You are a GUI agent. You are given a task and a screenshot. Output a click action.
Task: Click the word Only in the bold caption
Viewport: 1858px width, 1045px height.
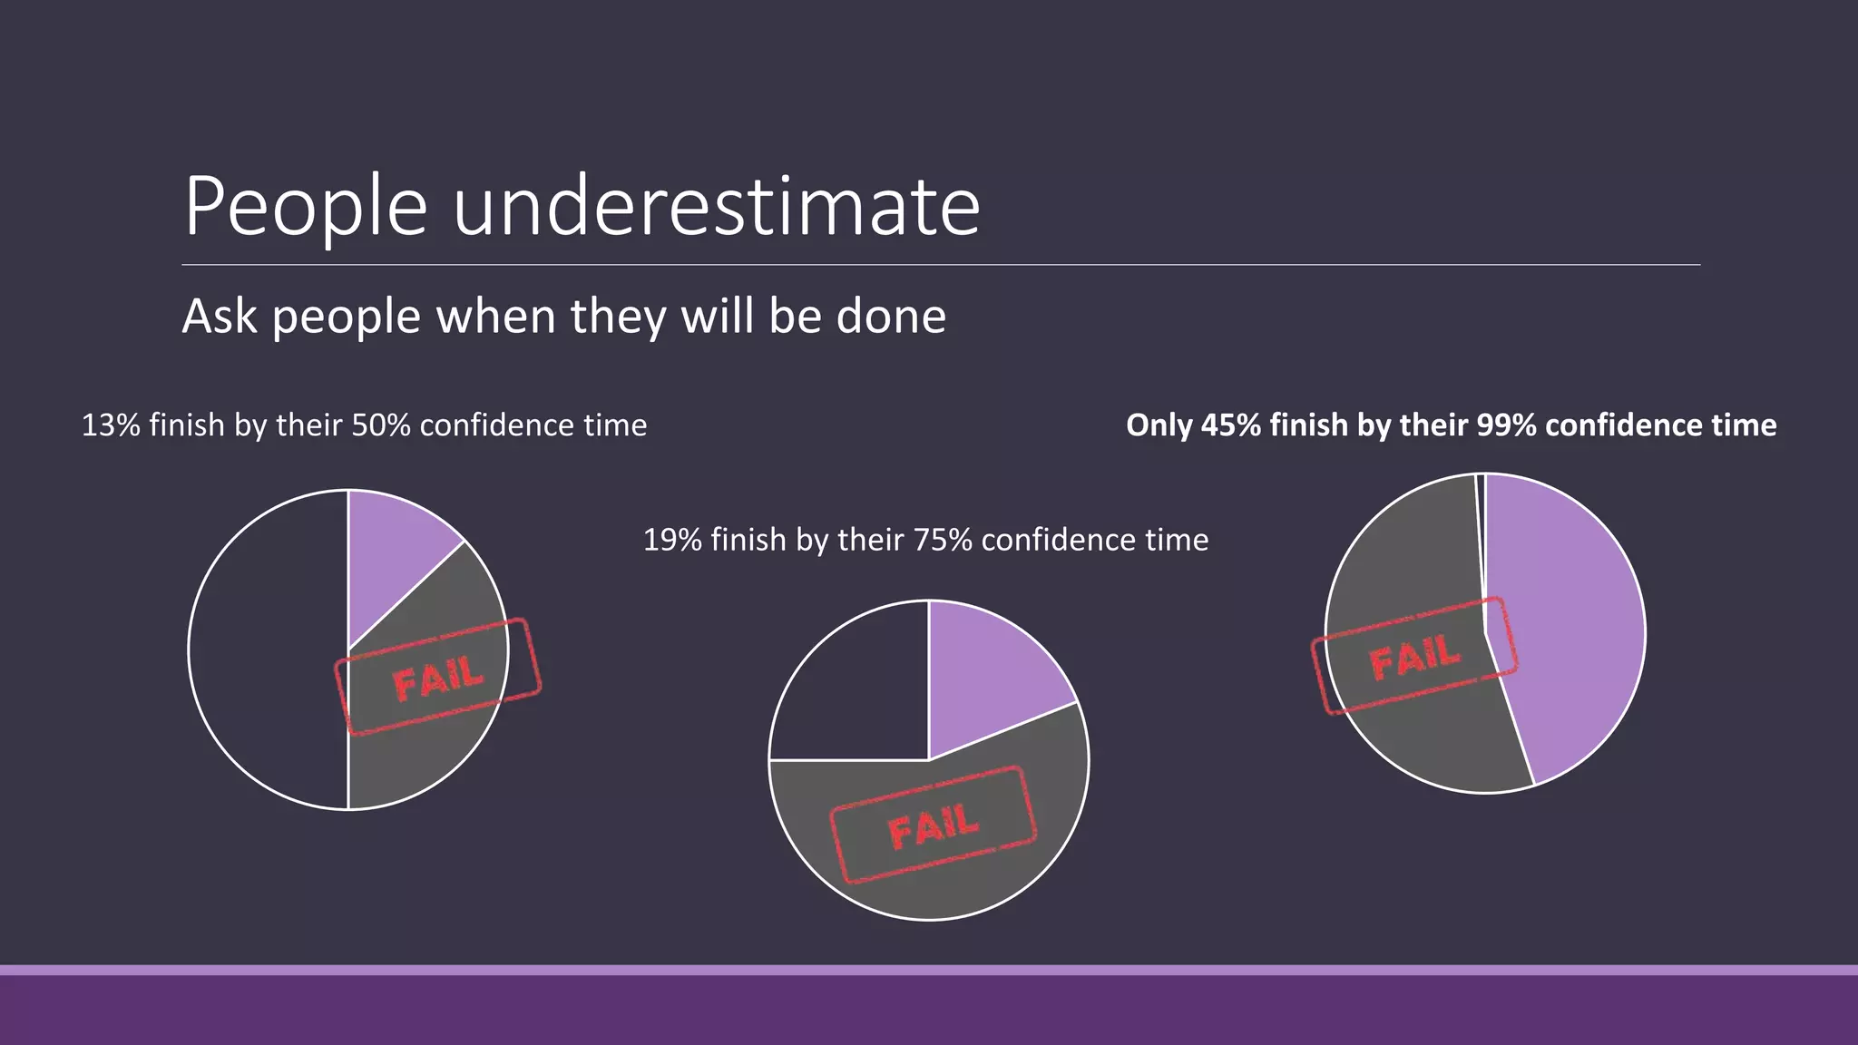pyautogui.click(x=1159, y=425)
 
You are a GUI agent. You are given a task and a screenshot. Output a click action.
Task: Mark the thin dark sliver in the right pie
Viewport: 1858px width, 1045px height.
pyautogui.click(x=1481, y=526)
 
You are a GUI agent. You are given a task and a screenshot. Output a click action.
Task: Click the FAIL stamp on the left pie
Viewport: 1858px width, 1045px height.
pyautogui.click(x=438, y=677)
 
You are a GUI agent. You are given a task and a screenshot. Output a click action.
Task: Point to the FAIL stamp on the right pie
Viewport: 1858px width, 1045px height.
pyautogui.click(x=1414, y=655)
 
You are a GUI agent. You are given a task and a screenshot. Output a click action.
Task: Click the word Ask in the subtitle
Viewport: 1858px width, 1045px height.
pyautogui.click(x=219, y=317)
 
